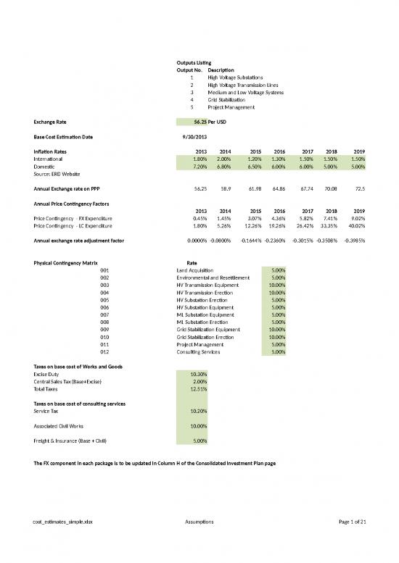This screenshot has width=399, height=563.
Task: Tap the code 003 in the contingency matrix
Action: click(x=104, y=285)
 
